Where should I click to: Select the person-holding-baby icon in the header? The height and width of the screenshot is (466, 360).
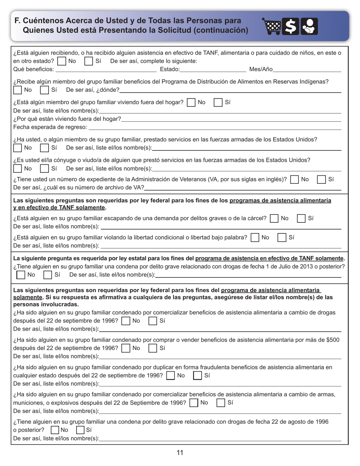[309, 27]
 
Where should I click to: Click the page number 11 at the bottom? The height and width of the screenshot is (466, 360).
[180, 452]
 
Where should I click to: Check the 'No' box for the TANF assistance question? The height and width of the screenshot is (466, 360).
[61, 61]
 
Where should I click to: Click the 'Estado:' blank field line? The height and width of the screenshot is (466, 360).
[213, 70]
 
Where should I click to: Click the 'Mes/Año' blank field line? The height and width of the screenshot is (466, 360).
[307, 70]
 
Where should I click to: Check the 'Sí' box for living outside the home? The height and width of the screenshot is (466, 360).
[218, 102]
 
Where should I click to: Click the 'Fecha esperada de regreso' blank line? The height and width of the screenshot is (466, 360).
[214, 128]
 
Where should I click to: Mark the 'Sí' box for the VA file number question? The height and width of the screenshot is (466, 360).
[321, 180]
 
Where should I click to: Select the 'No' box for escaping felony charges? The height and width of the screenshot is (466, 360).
[274, 218]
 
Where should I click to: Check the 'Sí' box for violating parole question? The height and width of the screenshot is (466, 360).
[282, 238]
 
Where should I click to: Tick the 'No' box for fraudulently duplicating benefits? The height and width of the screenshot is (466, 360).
[171, 375]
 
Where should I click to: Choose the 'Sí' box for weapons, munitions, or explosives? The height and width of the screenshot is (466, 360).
[221, 403]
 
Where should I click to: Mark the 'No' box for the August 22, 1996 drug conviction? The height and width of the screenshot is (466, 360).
[55, 430]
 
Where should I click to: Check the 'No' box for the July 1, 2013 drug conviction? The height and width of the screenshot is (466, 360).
[21, 275]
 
